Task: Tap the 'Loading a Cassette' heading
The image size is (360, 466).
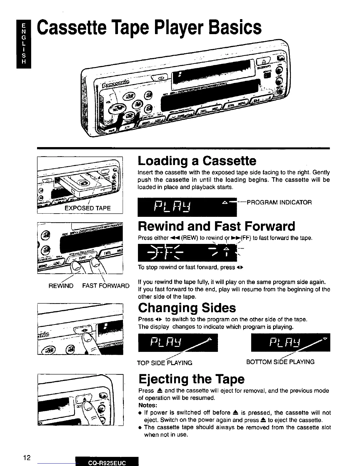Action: tap(197, 161)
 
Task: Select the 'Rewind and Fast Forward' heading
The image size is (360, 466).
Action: tap(216, 226)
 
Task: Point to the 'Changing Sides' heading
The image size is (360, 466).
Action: tap(187, 308)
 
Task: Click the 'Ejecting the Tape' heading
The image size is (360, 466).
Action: tap(191, 379)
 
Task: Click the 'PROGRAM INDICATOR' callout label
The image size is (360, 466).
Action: tap(279, 202)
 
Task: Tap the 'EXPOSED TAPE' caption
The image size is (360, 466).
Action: tap(87, 208)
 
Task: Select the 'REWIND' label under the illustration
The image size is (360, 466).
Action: tap(61, 286)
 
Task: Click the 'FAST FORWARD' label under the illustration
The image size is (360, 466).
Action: tap(106, 286)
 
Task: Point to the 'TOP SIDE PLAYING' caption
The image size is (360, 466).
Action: tap(165, 363)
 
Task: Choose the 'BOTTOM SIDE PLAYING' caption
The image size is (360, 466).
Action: tap(280, 362)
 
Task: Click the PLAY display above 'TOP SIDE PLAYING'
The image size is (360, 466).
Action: tap(178, 343)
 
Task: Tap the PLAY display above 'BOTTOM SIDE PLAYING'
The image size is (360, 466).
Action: tap(290, 342)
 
